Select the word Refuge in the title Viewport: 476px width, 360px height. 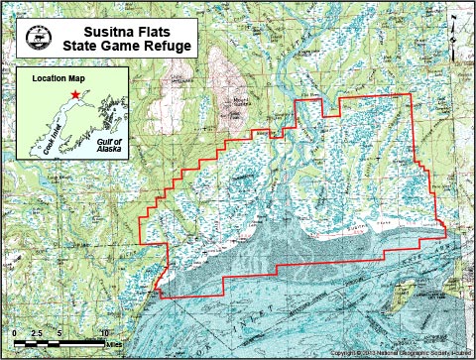172,46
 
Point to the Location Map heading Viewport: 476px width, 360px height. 54,77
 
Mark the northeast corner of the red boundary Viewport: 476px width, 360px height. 410,95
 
